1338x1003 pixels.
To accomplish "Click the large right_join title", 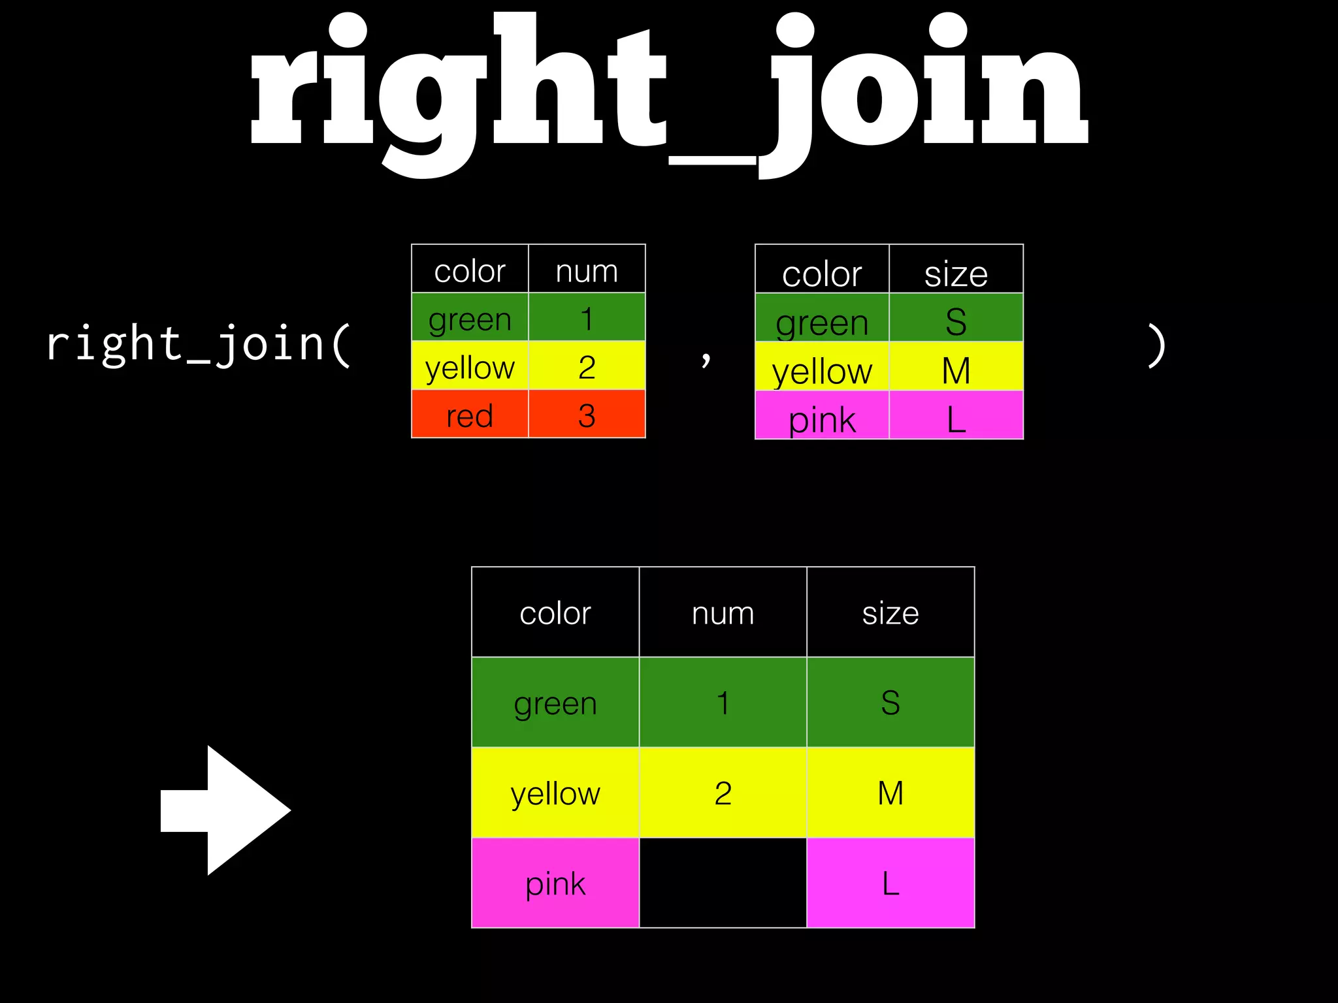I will [x=669, y=91].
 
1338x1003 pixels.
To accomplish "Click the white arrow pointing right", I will [x=225, y=810].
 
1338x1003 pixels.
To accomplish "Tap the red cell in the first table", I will [x=470, y=415].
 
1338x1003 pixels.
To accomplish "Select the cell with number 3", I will [x=587, y=415].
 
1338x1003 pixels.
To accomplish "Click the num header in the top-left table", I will [x=587, y=270].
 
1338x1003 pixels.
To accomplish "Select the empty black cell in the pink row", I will [x=723, y=883].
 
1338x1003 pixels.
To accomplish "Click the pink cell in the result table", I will [x=555, y=883].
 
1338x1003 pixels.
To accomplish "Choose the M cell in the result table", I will [x=890, y=793].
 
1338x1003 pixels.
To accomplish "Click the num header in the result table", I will [x=723, y=613].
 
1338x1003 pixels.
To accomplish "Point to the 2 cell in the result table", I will [x=723, y=793].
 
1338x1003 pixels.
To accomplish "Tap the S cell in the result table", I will [x=890, y=703].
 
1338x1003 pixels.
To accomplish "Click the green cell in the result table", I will [x=555, y=703].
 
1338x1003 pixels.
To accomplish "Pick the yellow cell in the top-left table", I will [x=470, y=367].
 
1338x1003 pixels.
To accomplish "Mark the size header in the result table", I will [x=890, y=613].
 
